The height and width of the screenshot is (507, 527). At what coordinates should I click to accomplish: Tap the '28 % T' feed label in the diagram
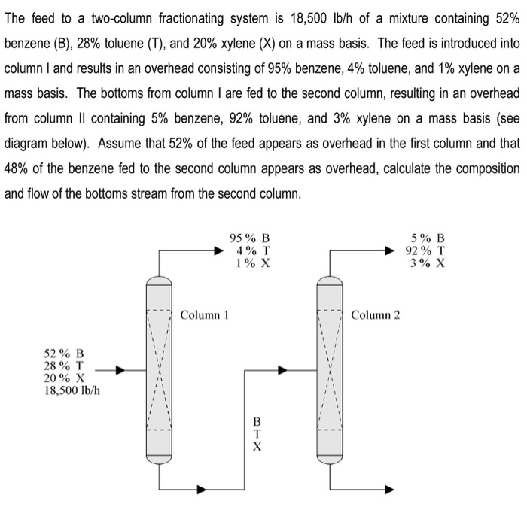click(65, 365)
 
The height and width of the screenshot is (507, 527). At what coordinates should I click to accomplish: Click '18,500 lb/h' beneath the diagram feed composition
click(74, 389)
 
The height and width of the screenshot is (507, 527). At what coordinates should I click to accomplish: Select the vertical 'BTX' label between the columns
click(257, 434)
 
